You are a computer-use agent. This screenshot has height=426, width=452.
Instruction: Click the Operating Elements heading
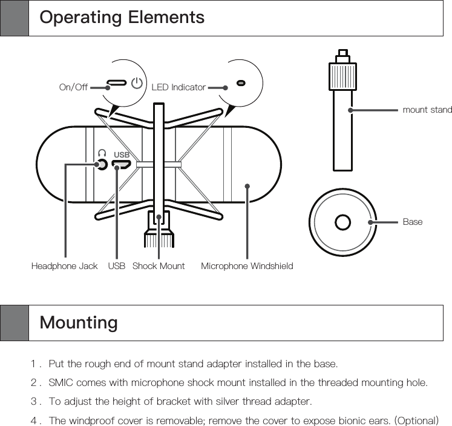click(122, 18)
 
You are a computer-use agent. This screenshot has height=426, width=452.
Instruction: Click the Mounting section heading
click(79, 322)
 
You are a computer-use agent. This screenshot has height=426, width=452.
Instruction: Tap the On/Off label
click(73, 87)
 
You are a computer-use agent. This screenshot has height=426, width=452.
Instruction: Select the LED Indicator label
click(179, 87)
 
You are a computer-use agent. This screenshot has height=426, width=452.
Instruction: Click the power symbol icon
click(137, 82)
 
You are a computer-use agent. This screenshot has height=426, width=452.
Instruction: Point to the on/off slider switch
click(117, 82)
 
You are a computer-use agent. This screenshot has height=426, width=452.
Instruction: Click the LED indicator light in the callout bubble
click(241, 82)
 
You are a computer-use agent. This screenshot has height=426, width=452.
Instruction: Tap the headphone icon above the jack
click(102, 153)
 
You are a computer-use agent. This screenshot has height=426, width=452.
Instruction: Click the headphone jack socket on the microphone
click(102, 164)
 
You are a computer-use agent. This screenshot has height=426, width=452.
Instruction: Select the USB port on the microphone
click(122, 164)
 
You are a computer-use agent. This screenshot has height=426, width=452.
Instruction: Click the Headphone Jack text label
click(64, 266)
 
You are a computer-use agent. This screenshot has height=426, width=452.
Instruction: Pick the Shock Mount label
click(159, 266)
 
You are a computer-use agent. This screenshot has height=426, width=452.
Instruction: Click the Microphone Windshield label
click(247, 266)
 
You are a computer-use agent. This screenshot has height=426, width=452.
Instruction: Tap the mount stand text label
click(427, 110)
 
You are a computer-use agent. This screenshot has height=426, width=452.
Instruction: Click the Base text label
click(413, 222)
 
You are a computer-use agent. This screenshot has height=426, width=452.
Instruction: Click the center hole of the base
click(342, 222)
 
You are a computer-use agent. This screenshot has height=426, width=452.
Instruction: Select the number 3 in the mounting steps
click(34, 401)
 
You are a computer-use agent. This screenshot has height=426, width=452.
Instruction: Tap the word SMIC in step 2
click(61, 382)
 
